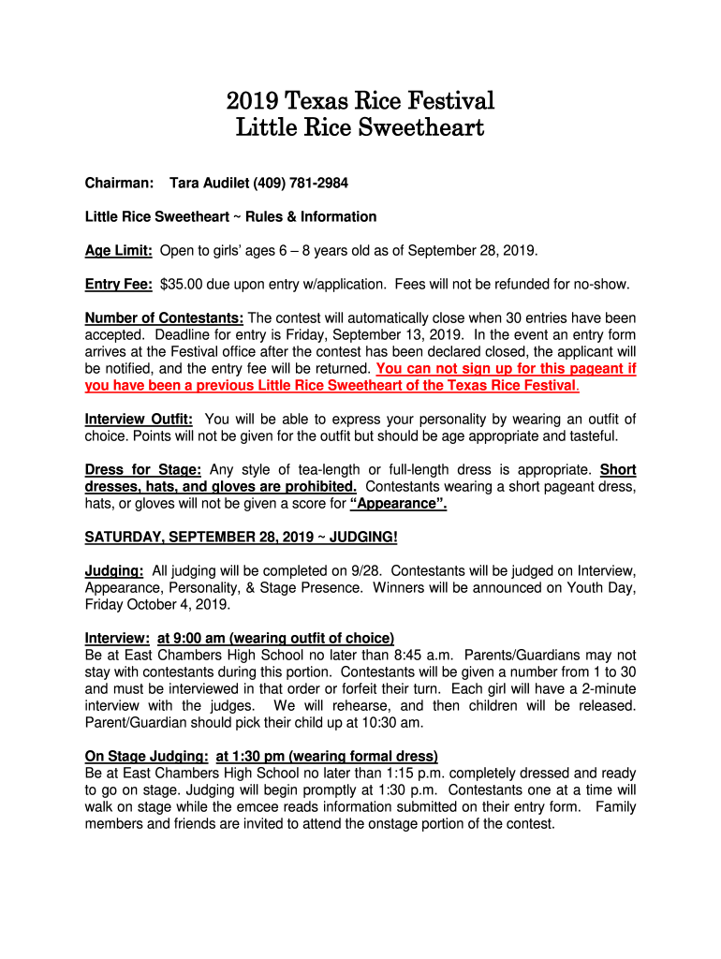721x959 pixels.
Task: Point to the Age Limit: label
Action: (x=119, y=251)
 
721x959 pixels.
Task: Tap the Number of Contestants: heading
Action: (x=165, y=318)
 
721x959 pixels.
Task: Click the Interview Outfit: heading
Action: (x=139, y=419)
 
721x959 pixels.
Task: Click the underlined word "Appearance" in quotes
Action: (x=398, y=504)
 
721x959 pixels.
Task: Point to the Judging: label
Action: (x=114, y=571)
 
